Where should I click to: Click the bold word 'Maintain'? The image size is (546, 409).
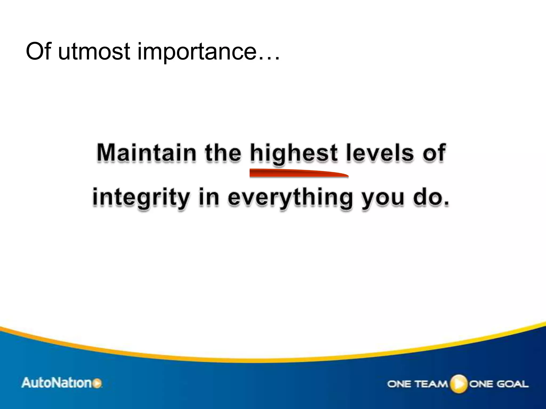(x=146, y=153)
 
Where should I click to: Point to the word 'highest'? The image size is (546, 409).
(x=294, y=154)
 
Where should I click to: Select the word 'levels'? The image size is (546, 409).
(x=380, y=153)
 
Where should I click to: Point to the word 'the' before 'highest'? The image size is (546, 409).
(x=223, y=153)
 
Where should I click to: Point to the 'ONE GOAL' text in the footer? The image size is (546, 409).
(x=499, y=384)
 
